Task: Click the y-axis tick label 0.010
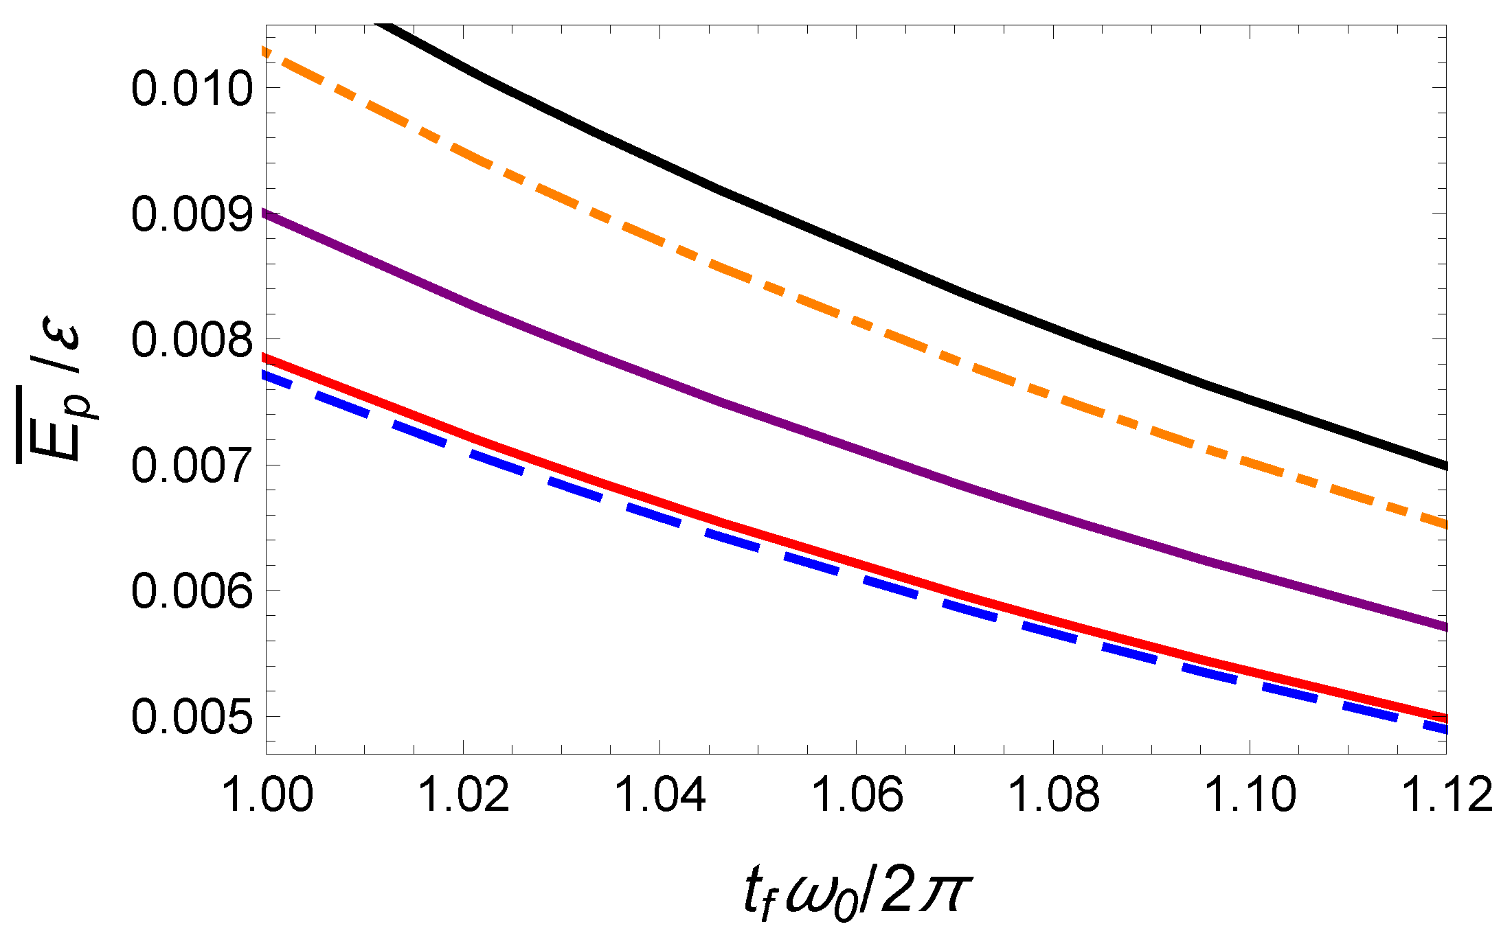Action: (192, 89)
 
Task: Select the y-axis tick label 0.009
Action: (192, 214)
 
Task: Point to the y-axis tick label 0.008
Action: (192, 340)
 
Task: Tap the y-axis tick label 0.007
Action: (192, 466)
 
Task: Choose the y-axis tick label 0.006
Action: (192, 591)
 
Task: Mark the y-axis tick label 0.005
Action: (192, 717)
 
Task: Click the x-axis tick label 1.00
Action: (268, 795)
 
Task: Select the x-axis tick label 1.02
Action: (464, 795)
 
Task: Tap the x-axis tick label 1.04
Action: (660, 795)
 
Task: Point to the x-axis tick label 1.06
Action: (857, 795)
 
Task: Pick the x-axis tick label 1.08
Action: (1053, 795)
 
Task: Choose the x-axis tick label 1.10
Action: (1250, 795)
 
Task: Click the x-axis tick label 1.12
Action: (1446, 795)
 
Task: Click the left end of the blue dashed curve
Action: (269, 375)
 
